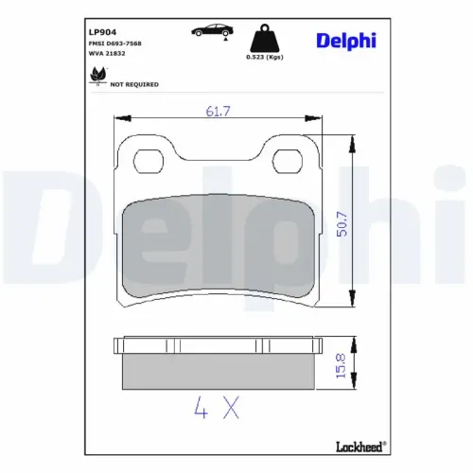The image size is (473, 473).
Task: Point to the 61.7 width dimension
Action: coord(219,113)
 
